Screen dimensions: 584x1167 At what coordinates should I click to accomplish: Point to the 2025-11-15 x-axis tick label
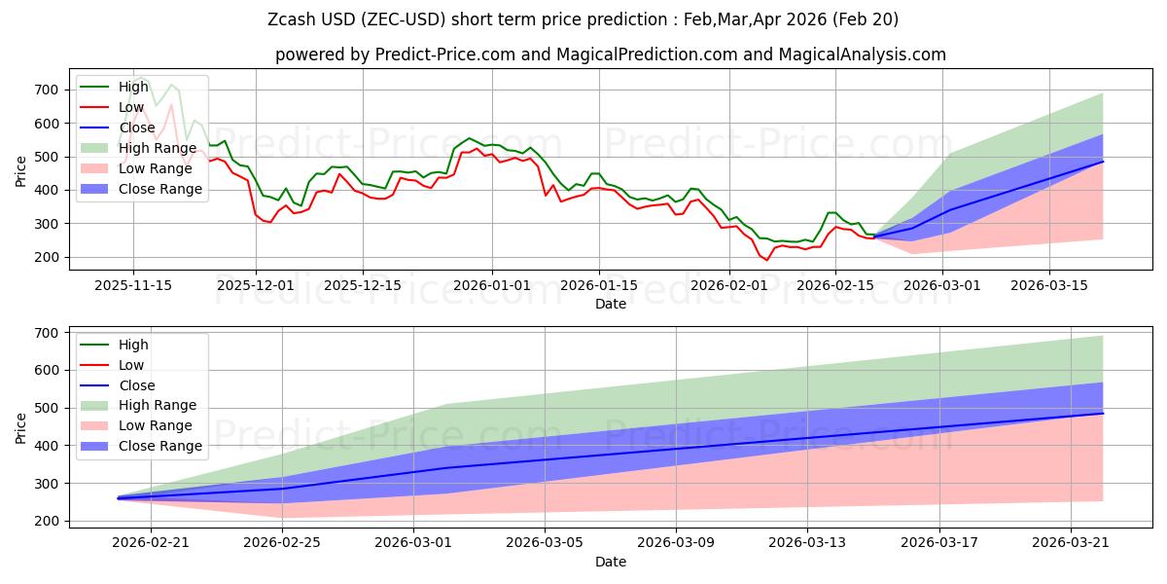click(133, 285)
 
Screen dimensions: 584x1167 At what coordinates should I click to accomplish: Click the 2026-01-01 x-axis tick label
click(492, 285)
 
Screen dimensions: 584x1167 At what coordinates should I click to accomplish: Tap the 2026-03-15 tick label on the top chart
click(1048, 285)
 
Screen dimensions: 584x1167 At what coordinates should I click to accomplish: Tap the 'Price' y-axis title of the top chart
click(21, 169)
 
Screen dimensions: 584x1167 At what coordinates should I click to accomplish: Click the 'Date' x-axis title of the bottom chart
click(610, 562)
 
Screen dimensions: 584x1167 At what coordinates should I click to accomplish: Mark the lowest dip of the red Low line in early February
click(766, 260)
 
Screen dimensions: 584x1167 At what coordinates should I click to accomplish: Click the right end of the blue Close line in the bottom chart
click(1103, 414)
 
